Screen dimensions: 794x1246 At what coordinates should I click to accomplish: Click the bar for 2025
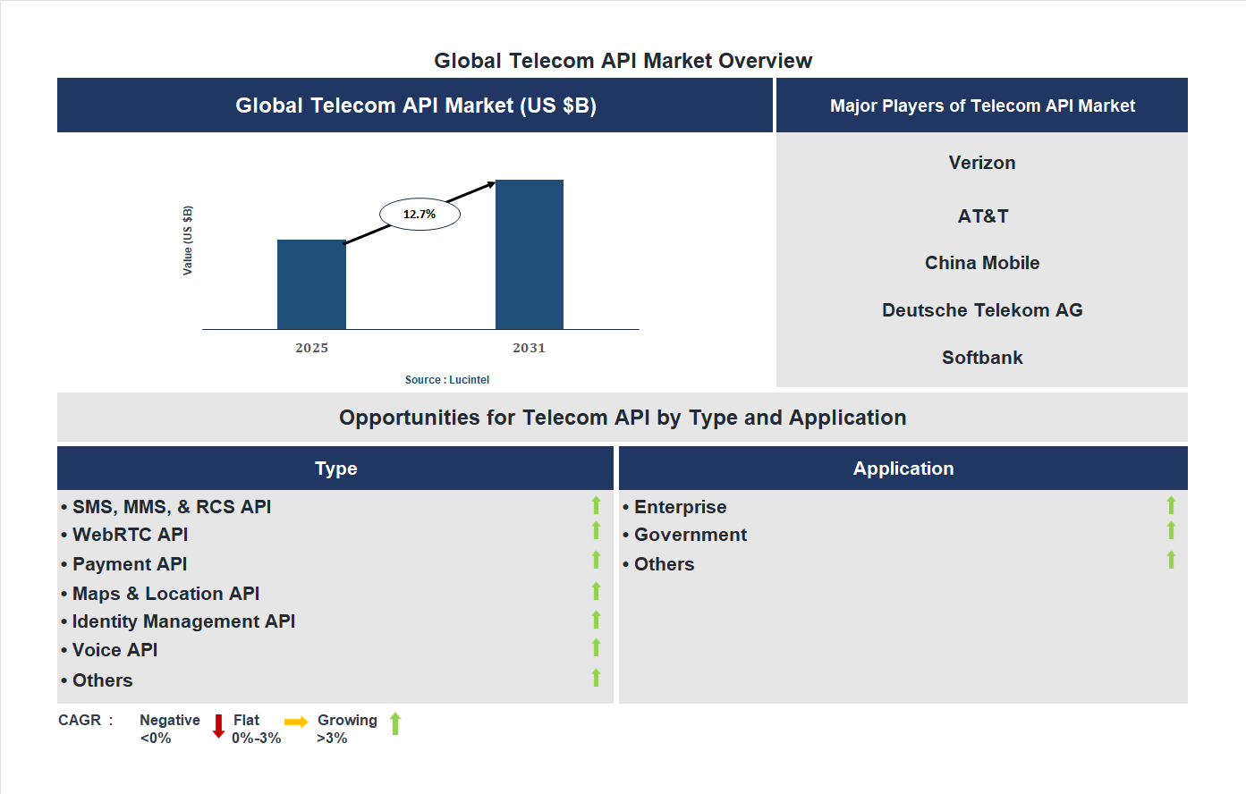point(311,284)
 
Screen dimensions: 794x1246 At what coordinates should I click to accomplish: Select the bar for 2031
point(530,255)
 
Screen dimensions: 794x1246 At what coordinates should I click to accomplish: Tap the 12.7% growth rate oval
point(420,215)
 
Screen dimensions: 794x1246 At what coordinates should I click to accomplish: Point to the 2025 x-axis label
point(312,348)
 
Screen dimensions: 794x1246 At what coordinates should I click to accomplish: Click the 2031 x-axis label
point(529,348)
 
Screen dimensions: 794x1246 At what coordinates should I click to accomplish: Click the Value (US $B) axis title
point(188,241)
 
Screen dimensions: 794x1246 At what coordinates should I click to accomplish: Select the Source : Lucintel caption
point(447,380)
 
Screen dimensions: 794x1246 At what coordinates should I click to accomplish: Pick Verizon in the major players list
point(982,163)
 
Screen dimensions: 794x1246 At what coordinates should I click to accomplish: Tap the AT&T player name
point(982,216)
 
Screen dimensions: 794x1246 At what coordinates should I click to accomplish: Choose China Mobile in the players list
point(982,263)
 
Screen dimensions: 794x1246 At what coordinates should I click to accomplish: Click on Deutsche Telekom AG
point(982,310)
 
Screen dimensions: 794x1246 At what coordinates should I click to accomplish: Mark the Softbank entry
point(982,358)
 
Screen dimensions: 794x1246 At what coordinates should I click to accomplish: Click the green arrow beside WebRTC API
point(596,531)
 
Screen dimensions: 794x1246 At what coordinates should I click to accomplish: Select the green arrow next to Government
point(1171,531)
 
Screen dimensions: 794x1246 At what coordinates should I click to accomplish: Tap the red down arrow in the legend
point(218,726)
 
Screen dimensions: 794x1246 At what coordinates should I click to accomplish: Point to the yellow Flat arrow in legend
point(296,722)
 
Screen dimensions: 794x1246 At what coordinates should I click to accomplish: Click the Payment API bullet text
point(130,564)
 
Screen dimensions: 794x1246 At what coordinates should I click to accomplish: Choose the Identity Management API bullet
point(183,621)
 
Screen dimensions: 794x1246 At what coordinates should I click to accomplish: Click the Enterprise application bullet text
point(680,507)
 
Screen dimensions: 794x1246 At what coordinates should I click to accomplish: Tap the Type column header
point(336,469)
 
